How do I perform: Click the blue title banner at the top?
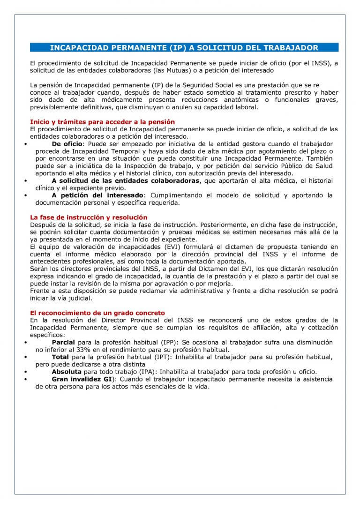184,48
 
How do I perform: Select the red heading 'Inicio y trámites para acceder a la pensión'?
102,122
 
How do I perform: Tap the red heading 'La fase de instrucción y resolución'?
89,217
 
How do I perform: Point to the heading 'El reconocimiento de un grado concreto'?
97,313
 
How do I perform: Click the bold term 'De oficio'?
67,143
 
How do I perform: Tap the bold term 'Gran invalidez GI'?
82,379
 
